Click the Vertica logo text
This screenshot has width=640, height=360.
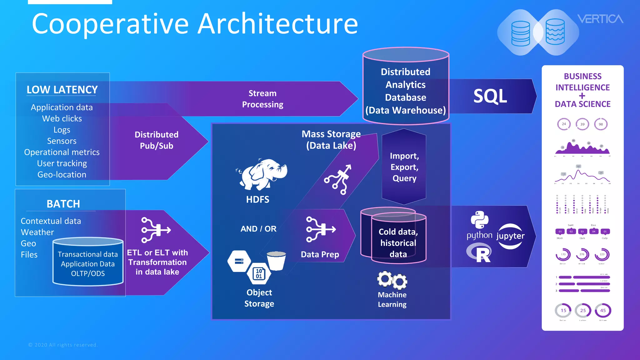coord(600,19)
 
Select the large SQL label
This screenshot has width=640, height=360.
coord(490,96)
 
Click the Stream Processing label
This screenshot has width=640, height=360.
coord(262,99)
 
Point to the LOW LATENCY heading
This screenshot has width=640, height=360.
coord(62,90)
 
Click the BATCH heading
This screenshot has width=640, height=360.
coord(63,204)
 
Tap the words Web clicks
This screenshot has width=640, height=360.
coord(62,118)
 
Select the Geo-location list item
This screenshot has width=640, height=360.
coord(62,174)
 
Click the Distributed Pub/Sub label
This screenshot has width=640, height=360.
coord(156,140)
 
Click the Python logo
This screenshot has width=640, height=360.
coord(479,220)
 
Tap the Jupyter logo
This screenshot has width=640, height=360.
coord(510,236)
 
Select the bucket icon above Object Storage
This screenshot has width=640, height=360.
coord(276,260)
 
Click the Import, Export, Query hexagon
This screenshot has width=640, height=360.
coord(404,167)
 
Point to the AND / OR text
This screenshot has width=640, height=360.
coord(258,229)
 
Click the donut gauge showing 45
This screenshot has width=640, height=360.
coord(603,310)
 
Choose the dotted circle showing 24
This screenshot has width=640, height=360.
coord(564,124)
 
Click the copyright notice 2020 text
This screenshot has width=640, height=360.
coord(63,345)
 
